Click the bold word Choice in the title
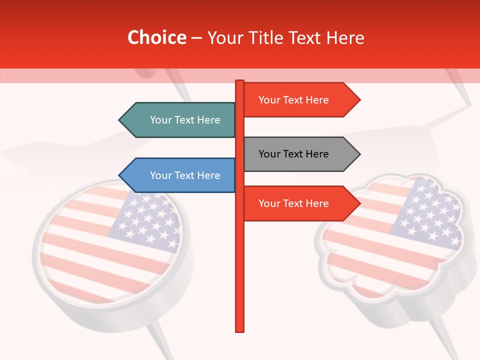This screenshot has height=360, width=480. pyautogui.click(x=156, y=37)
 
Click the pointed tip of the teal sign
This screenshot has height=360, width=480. pyautogui.click(x=120, y=120)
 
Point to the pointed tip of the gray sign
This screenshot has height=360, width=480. pyautogui.click(x=359, y=154)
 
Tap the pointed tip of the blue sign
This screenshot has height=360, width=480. pyautogui.click(x=120, y=175)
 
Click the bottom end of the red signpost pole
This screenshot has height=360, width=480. pyautogui.click(x=240, y=330)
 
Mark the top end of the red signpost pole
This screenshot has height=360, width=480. pyautogui.click(x=240, y=81)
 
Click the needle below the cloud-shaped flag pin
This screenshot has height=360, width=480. pyautogui.click(x=445, y=340)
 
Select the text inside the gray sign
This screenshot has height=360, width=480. pyautogui.click(x=293, y=154)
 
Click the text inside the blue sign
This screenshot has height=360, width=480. pyautogui.click(x=185, y=175)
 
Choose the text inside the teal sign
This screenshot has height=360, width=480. pyautogui.click(x=185, y=120)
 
